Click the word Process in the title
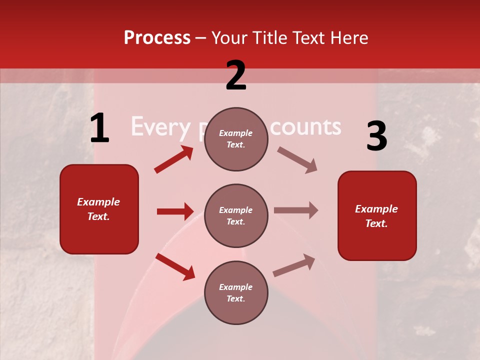click(x=157, y=38)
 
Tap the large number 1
click(x=99, y=128)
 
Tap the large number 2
click(x=236, y=76)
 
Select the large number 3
click(x=376, y=137)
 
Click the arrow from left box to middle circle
click(x=175, y=211)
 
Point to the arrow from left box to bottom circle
click(x=175, y=266)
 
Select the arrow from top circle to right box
click(x=297, y=160)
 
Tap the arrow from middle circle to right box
click(x=296, y=210)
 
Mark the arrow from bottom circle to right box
click(x=294, y=265)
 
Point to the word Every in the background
click(x=160, y=128)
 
